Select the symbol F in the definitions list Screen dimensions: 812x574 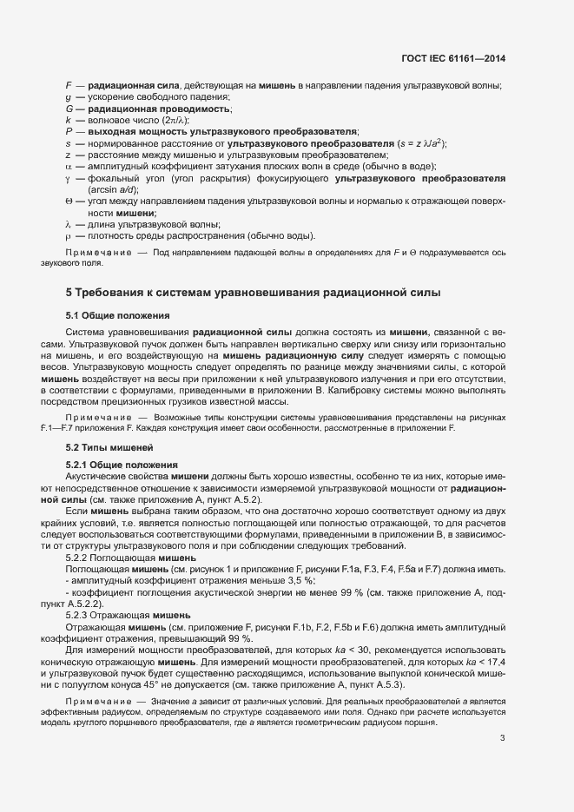69,85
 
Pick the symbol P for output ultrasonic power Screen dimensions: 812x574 69,131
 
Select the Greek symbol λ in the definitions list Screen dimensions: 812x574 68,224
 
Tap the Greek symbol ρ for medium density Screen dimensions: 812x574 68,236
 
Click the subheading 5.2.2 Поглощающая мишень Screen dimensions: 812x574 130,557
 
